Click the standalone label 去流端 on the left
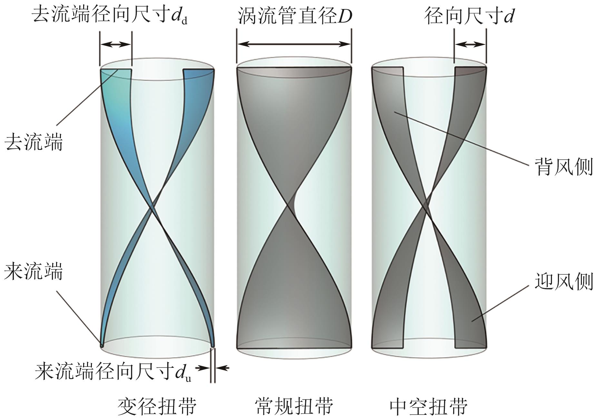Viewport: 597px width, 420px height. [34, 142]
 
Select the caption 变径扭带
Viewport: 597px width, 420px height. [157, 405]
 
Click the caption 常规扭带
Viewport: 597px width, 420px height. [294, 405]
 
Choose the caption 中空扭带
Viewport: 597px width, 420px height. [429, 405]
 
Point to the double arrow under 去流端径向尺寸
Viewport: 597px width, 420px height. [116, 44]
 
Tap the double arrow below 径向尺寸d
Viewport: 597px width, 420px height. [470, 44]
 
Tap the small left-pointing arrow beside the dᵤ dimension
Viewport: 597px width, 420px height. [222, 367]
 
